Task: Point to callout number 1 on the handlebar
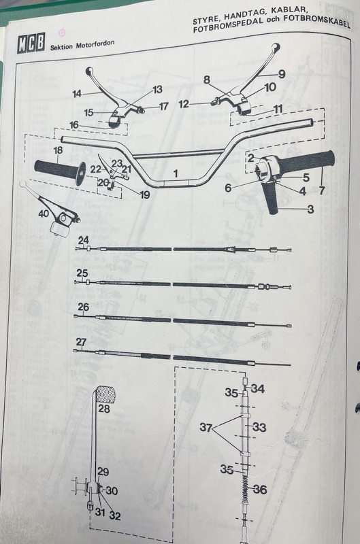[x=176, y=173]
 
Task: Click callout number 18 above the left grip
[x=58, y=150]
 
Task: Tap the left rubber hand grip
[x=61, y=170]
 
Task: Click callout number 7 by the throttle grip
[x=322, y=190]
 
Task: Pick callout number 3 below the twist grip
[x=310, y=209]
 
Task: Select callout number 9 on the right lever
[x=282, y=74]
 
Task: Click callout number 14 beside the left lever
[x=77, y=94]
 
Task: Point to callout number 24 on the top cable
[x=83, y=240]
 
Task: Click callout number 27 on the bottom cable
[x=81, y=342]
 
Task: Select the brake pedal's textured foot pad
[x=105, y=394]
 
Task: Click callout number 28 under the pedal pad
[x=104, y=409]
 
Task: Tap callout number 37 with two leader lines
[x=206, y=428]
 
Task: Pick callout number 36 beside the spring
[x=260, y=490]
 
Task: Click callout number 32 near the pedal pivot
[x=115, y=516]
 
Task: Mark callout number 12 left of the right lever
[x=184, y=104]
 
